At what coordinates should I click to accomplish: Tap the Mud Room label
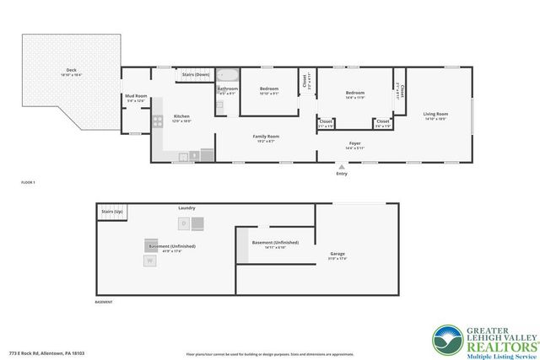tap(136, 97)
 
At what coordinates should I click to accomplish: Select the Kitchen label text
tap(182, 116)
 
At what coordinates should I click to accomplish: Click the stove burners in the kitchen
tap(158, 122)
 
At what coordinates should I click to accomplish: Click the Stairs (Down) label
tap(196, 74)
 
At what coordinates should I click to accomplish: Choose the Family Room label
tap(267, 136)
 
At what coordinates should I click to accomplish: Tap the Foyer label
tap(355, 143)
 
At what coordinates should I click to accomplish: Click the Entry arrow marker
tap(342, 167)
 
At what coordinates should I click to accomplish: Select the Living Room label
tap(435, 114)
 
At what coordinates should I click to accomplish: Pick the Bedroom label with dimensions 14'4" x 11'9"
tap(354, 93)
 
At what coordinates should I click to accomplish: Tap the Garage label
tap(337, 254)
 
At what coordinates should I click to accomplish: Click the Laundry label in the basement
tap(186, 207)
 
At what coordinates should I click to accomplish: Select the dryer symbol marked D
tap(183, 223)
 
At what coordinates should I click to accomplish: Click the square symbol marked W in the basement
tap(149, 261)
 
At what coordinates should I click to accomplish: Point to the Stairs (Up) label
tap(112, 211)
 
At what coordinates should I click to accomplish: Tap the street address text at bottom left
tap(46, 353)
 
